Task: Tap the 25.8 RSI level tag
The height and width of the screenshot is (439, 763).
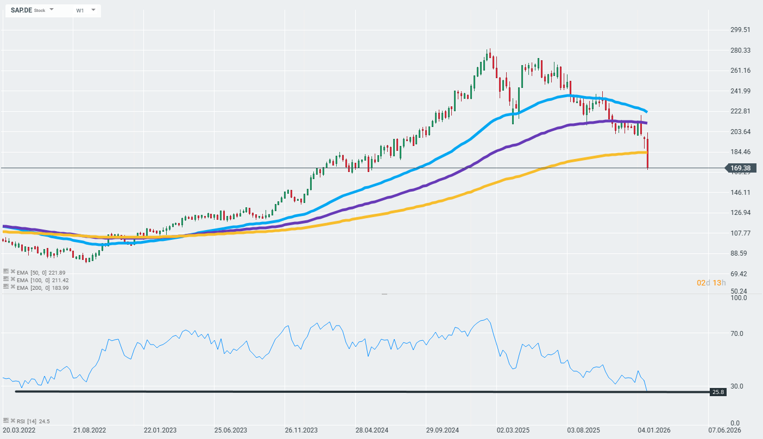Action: (x=718, y=392)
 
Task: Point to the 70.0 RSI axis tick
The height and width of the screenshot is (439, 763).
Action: (x=737, y=334)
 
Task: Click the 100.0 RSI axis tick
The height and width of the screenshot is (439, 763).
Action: (x=739, y=298)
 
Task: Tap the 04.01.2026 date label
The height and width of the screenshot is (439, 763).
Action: (x=654, y=430)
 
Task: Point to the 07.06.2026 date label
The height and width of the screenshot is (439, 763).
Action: (x=724, y=430)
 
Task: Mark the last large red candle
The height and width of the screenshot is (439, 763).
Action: (x=648, y=153)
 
